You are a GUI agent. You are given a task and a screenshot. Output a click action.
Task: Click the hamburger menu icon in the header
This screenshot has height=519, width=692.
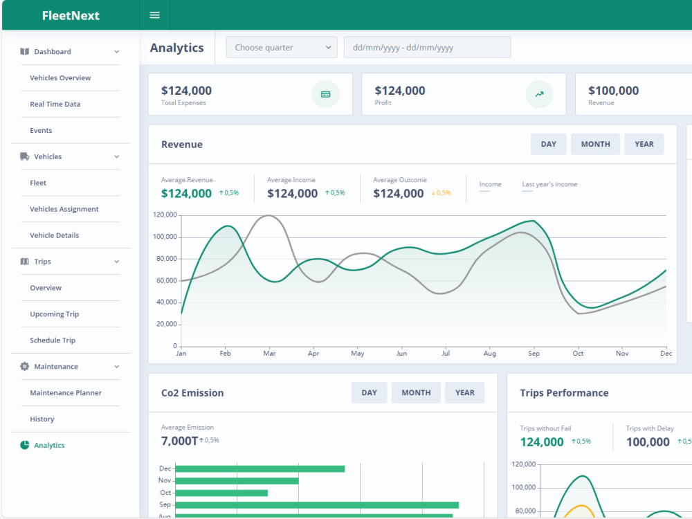154,15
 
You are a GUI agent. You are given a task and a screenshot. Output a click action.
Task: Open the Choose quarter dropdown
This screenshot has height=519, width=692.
282,47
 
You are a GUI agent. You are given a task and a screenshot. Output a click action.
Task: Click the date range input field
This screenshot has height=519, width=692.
427,47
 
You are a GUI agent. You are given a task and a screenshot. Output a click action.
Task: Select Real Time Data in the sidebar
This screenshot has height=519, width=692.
55,104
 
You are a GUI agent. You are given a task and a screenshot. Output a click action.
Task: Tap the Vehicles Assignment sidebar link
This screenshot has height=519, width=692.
64,209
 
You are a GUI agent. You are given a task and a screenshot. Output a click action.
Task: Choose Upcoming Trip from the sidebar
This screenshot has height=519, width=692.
54,314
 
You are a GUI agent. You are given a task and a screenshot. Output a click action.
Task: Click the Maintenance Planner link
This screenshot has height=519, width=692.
66,393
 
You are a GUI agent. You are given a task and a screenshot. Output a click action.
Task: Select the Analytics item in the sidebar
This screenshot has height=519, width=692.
49,445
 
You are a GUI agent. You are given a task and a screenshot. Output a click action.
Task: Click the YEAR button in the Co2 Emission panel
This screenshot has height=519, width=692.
465,393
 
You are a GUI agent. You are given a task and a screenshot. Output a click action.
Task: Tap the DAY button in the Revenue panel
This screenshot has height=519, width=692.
549,145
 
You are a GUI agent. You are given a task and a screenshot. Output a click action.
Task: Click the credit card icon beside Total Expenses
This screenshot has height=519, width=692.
326,94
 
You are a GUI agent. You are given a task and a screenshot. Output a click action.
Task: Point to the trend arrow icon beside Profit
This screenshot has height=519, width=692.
539,94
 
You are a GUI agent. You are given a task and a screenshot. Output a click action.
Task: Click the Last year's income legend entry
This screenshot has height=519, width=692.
549,185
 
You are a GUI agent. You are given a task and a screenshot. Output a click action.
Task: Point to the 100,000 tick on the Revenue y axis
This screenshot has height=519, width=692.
165,237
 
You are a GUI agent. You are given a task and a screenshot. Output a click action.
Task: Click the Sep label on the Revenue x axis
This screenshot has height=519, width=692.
534,354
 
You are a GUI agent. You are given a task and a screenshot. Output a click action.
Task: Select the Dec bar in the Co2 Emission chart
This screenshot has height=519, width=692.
260,468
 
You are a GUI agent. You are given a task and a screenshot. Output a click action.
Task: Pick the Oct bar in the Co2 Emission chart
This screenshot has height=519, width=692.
221,493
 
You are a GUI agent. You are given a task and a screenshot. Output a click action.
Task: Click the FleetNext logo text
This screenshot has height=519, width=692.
71,15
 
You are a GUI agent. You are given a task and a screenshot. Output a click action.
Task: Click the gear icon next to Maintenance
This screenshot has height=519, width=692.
24,366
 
